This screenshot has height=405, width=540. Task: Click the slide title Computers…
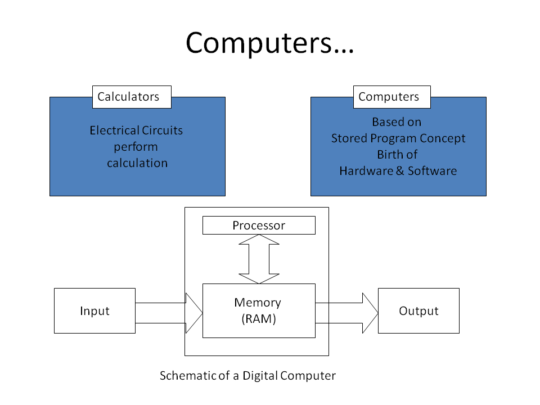(269, 43)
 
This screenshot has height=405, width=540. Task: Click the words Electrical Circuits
(136, 130)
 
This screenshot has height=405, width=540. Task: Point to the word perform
(136, 147)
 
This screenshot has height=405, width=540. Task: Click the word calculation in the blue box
(137, 163)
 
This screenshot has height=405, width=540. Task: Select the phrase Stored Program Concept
(398, 138)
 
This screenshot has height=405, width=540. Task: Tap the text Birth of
(397, 155)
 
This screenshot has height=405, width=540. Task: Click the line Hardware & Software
(398, 171)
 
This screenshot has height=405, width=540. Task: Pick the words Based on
(397, 122)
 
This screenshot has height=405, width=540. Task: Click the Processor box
(259, 226)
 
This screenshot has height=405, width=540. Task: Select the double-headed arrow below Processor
(259, 259)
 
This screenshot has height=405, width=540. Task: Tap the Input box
(94, 310)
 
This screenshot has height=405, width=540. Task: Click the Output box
(418, 310)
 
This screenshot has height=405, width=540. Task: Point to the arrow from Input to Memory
(169, 313)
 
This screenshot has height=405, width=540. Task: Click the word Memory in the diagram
(258, 303)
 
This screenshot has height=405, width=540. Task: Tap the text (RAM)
(259, 319)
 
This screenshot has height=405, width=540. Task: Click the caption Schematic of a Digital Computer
(247, 376)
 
